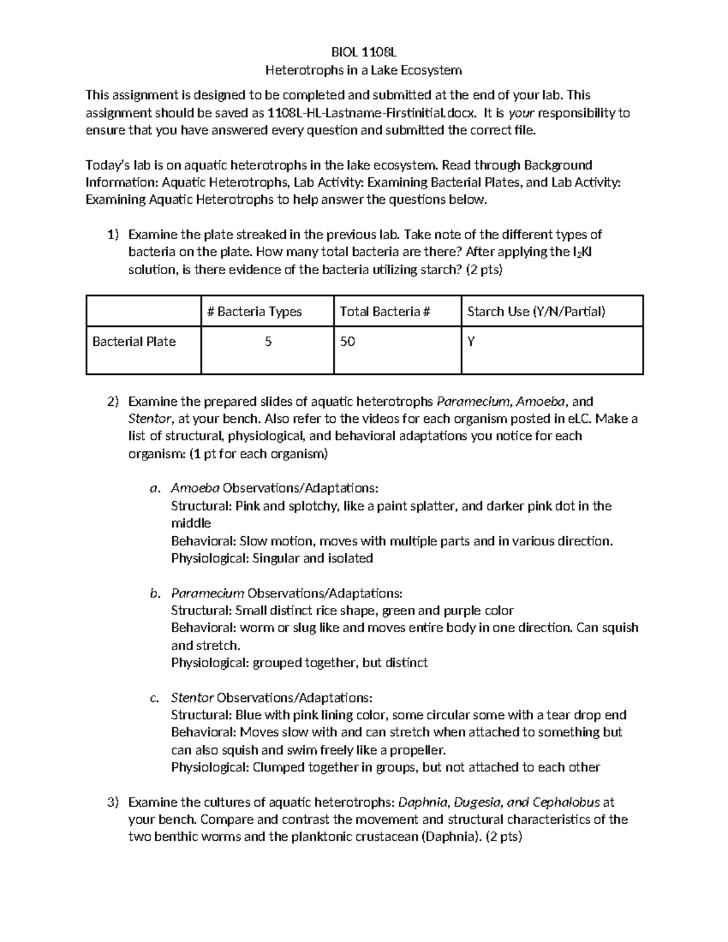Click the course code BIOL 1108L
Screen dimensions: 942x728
364,52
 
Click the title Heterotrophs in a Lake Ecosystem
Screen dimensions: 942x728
364,70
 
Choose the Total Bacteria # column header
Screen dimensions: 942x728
385,312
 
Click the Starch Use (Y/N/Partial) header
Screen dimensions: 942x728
536,312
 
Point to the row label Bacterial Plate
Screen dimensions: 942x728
134,341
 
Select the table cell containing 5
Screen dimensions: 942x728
268,341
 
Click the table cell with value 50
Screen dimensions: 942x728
348,341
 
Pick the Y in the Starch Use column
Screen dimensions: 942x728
471,341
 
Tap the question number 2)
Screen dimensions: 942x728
113,402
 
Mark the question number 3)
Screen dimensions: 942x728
113,802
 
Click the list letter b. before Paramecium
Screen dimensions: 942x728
155,593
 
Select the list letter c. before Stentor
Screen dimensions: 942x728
155,698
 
